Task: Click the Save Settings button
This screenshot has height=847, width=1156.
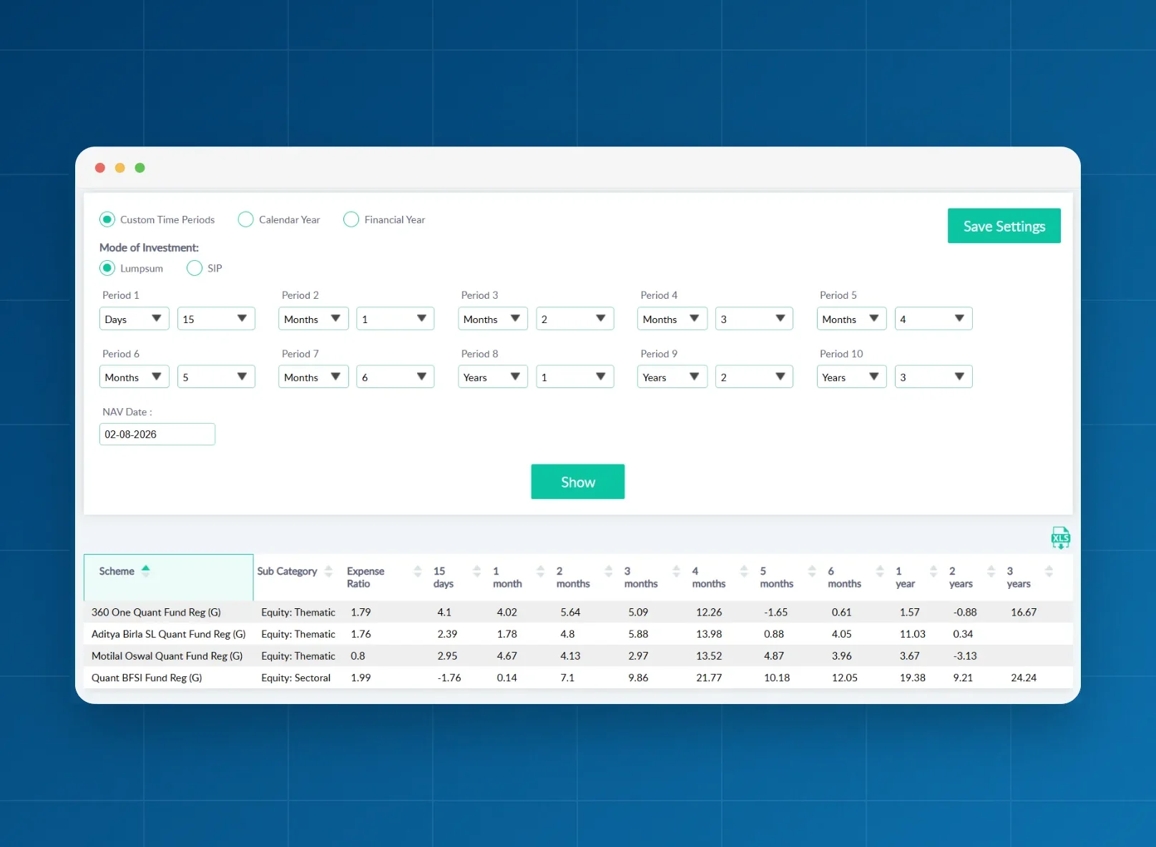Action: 1004,226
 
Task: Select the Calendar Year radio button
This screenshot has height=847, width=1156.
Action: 245,219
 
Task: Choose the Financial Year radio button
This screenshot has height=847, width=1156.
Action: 351,219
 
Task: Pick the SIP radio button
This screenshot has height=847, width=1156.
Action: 195,268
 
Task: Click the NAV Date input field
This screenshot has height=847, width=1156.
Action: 157,434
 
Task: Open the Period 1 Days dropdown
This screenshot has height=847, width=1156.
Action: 134,319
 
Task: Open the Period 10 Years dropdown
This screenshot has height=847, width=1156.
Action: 851,377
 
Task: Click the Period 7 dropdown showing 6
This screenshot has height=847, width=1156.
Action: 396,377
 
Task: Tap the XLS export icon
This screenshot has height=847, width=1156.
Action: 1061,538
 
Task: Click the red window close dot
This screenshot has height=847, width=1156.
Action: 100,168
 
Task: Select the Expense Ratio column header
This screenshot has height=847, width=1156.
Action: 366,578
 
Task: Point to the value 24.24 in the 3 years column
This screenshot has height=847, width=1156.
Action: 1024,678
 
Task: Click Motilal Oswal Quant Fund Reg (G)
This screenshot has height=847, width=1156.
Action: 167,655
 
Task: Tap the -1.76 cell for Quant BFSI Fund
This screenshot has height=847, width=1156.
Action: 449,678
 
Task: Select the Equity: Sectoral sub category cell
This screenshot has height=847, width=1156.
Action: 295,678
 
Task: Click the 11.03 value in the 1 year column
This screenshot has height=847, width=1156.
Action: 912,634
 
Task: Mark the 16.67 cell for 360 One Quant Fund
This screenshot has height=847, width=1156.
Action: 1024,612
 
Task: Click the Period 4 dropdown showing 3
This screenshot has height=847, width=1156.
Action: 754,319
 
